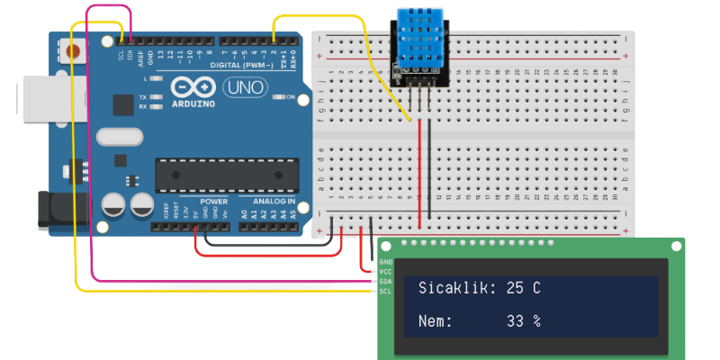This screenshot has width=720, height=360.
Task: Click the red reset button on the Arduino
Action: [x=75, y=49]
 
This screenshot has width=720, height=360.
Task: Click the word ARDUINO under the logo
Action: [x=190, y=104]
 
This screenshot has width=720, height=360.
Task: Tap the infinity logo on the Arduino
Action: [x=190, y=87]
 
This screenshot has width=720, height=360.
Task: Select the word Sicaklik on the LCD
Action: [x=456, y=288]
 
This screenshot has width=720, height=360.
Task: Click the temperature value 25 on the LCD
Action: [x=515, y=288]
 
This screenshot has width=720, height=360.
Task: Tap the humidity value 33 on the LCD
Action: [x=515, y=320]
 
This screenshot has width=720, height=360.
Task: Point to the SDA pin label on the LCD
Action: [x=385, y=281]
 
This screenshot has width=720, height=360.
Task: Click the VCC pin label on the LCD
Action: [x=385, y=271]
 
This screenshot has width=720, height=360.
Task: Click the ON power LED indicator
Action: [x=278, y=98]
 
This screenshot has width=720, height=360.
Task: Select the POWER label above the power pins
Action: [x=213, y=202]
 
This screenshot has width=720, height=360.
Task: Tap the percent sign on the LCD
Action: [x=536, y=320]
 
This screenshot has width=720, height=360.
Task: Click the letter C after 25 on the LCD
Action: [x=536, y=288]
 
